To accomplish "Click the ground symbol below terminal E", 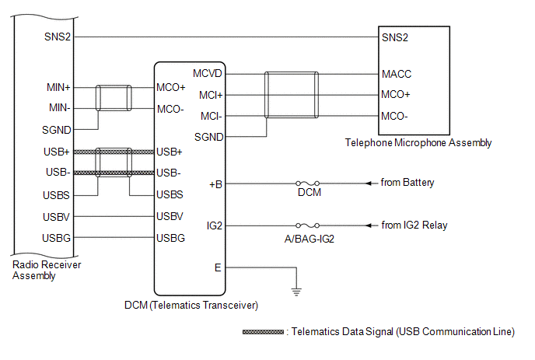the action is [x=296, y=292].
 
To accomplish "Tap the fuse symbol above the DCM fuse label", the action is [x=308, y=183].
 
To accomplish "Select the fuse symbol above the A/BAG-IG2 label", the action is [x=308, y=225].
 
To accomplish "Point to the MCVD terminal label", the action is [x=208, y=73].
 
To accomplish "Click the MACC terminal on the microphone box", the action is [x=397, y=74].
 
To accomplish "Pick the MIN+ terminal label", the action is [x=58, y=88].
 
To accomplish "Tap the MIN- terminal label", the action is [x=59, y=108].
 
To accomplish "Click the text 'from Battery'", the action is [x=407, y=183].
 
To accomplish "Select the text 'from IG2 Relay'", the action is [x=414, y=225].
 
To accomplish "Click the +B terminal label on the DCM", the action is [x=215, y=184].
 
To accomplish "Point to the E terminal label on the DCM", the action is [x=218, y=268].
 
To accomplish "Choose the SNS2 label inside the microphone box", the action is [x=395, y=37].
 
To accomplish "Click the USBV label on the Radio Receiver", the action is [x=56, y=217].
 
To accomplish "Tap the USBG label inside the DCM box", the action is [x=170, y=238].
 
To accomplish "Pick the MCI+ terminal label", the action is [x=211, y=95].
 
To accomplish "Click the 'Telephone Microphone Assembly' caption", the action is [x=418, y=142].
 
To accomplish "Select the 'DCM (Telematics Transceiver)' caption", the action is [x=191, y=305].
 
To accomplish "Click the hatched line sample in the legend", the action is [x=263, y=332].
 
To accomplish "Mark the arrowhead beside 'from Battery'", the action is [x=369, y=183].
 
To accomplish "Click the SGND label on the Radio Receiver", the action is [x=56, y=130].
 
